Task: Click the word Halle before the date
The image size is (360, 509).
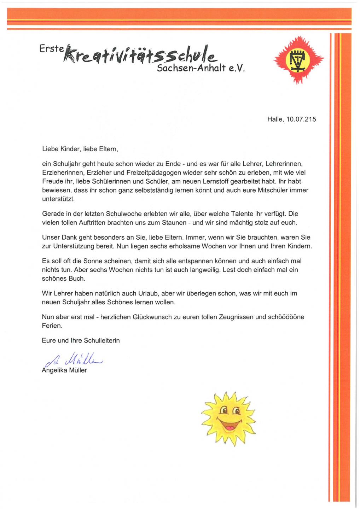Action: pyautogui.click(x=275, y=119)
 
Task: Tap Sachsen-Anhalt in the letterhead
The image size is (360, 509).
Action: pyautogui.click(x=191, y=68)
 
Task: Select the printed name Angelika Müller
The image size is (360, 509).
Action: pyautogui.click(x=64, y=370)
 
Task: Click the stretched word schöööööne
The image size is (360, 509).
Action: pyautogui.click(x=286, y=317)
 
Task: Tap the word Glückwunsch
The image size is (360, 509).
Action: pyautogui.click(x=152, y=317)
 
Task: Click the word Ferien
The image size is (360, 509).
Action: pyautogui.click(x=52, y=326)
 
